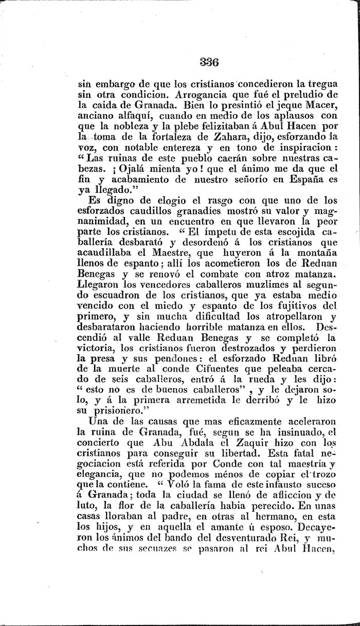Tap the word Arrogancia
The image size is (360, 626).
point(201,95)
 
